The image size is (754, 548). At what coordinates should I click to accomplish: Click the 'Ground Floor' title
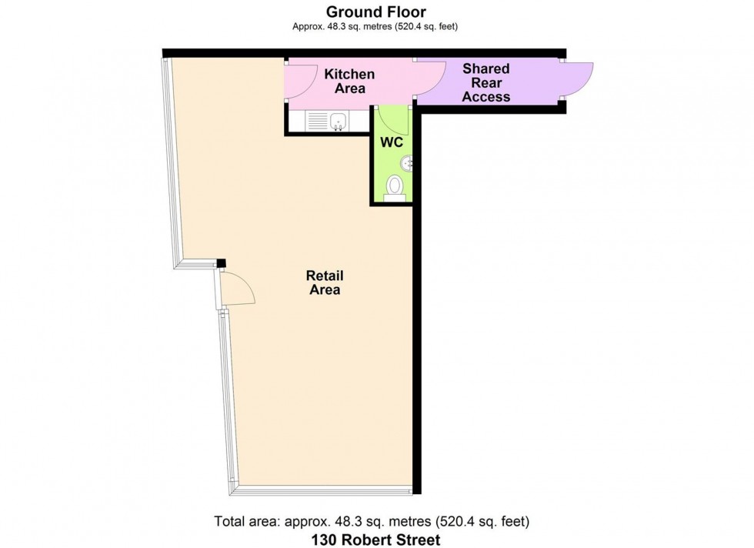tap(376, 12)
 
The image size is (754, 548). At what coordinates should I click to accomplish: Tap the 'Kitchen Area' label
tap(349, 81)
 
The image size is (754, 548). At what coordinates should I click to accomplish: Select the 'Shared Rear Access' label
tap(485, 82)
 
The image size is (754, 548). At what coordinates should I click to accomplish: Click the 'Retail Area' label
tap(324, 282)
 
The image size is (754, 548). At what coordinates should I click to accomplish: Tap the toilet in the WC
tap(395, 187)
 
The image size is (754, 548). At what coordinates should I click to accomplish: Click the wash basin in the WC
tap(408, 162)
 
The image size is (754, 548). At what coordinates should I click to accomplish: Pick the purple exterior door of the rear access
tap(579, 80)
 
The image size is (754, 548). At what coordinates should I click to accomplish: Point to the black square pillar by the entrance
tap(221, 264)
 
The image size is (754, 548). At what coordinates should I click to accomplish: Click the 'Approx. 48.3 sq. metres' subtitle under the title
tap(376, 26)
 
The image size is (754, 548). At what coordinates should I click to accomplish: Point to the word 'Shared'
tap(485, 69)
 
